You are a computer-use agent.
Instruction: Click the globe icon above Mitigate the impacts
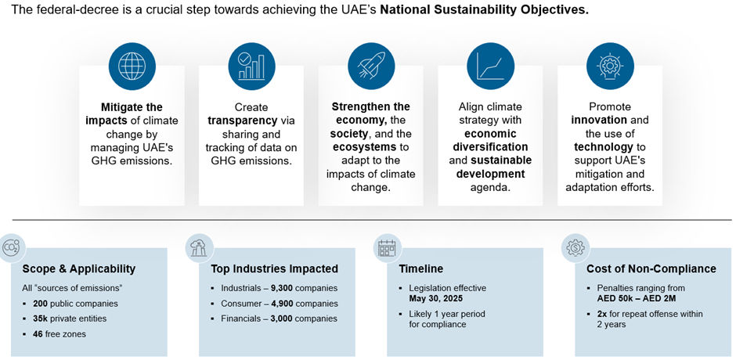[132, 67]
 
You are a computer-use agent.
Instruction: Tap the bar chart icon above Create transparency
[251, 67]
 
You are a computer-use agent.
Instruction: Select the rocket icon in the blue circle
[371, 67]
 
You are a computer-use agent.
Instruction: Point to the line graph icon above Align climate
[490, 67]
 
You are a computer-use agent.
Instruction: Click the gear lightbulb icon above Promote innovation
[610, 67]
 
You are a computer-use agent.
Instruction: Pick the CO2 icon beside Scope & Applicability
[11, 248]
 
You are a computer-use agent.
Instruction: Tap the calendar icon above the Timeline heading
[388, 248]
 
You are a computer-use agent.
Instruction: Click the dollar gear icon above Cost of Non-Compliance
[575, 248]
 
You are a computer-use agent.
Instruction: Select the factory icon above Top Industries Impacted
[199, 248]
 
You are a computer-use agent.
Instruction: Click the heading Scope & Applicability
[79, 269]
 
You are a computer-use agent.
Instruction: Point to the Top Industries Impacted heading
[275, 269]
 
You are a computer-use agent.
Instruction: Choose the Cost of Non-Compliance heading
[651, 269]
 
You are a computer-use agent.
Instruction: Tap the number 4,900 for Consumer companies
[282, 304]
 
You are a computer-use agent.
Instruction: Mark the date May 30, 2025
[435, 297]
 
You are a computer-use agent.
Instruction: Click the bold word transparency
[243, 121]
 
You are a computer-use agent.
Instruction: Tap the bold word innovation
[599, 121]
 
